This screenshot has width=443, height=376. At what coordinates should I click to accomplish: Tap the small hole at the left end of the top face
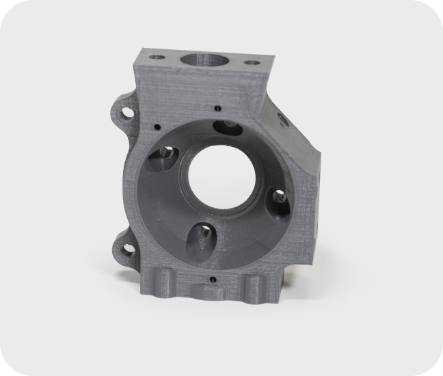click(x=159, y=57)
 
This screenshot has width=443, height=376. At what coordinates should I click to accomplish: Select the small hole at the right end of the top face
click(x=252, y=63)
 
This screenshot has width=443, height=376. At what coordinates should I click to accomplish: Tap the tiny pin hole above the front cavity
click(x=217, y=107)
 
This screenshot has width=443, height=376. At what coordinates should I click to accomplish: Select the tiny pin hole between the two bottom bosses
click(x=213, y=279)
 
